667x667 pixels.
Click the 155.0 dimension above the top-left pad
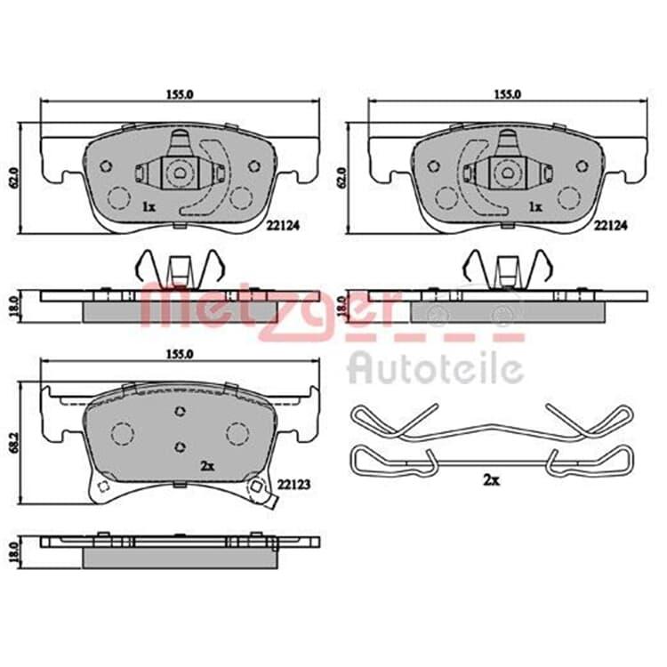180,94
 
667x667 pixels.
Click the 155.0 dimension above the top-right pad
507,94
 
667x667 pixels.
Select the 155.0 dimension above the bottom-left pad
180,354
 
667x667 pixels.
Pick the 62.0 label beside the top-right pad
341,178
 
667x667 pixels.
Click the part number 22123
294,484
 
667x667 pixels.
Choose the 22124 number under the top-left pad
283,226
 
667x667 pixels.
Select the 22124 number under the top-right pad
611,226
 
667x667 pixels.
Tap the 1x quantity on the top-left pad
149,207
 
